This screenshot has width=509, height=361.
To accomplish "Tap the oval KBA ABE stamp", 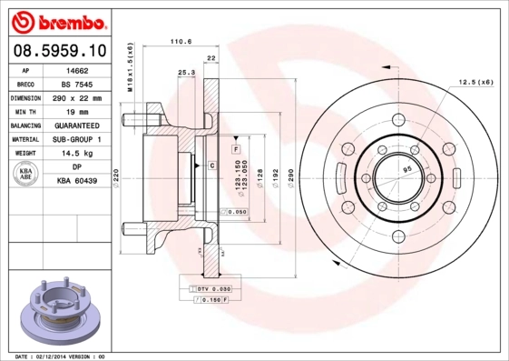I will pos(26,175).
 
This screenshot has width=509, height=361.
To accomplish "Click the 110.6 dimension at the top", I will pos(182,41).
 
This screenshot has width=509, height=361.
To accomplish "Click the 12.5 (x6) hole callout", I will pos(475,82).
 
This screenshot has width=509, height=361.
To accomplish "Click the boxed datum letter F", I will pos(235,148).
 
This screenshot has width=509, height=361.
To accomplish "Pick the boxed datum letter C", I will pos(211,165).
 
